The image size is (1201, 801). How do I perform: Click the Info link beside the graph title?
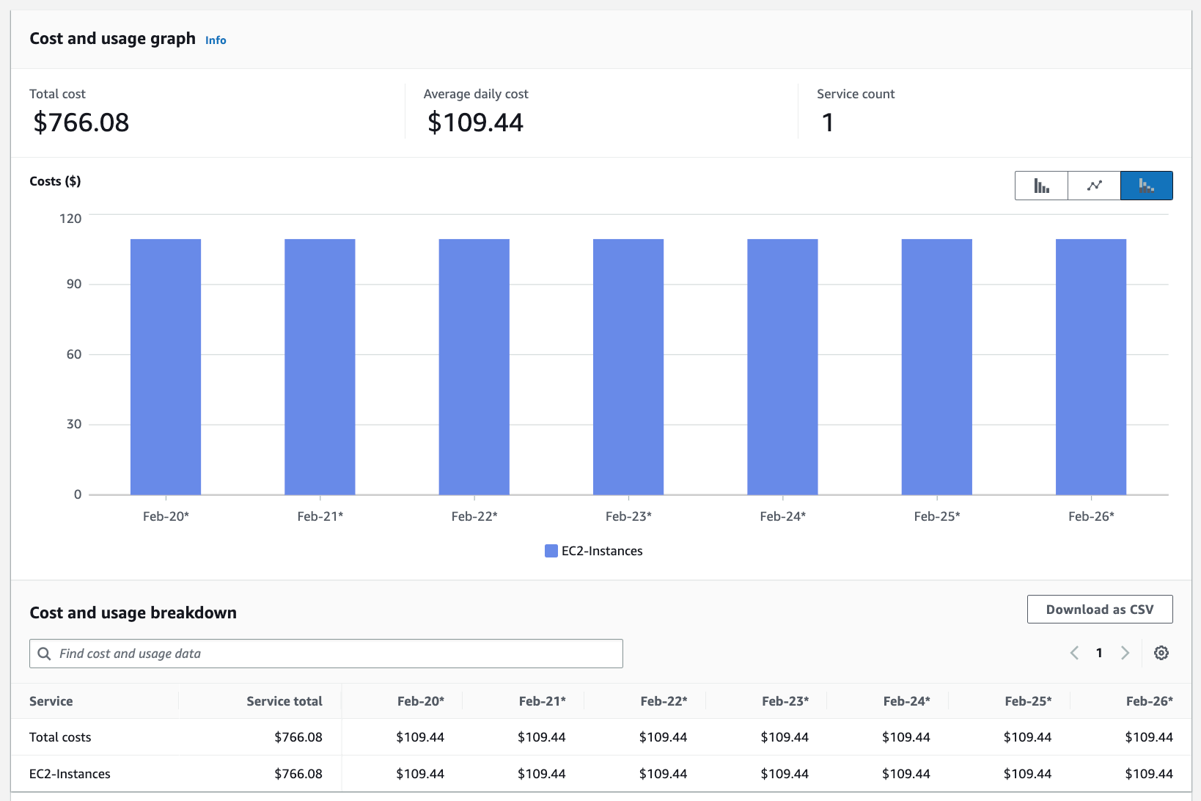point(216,40)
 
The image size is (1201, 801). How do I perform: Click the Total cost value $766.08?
point(81,122)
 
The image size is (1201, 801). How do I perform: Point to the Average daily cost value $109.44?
point(475,122)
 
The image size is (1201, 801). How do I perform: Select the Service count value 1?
point(828,122)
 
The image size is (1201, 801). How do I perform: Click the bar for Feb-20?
point(166,367)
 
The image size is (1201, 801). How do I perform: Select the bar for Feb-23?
point(628,367)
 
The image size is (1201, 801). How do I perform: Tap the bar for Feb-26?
point(1091,367)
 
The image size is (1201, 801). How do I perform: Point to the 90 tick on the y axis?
point(74,284)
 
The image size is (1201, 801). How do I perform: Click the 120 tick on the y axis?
point(70,219)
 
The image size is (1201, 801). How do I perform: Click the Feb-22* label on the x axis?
point(474,516)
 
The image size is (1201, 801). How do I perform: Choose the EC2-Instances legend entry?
point(594,551)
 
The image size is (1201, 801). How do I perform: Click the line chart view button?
point(1094,186)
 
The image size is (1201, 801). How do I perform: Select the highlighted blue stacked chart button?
point(1147,186)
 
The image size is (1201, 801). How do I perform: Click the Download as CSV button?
point(1100,610)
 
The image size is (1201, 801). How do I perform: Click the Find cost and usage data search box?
point(326,654)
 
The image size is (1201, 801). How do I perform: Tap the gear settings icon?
point(1161,653)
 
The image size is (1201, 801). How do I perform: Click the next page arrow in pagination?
point(1125,653)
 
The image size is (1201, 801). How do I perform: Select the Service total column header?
point(284,701)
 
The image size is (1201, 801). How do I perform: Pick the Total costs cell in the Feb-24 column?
point(906,737)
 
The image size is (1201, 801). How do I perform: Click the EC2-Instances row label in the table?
point(70,774)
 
